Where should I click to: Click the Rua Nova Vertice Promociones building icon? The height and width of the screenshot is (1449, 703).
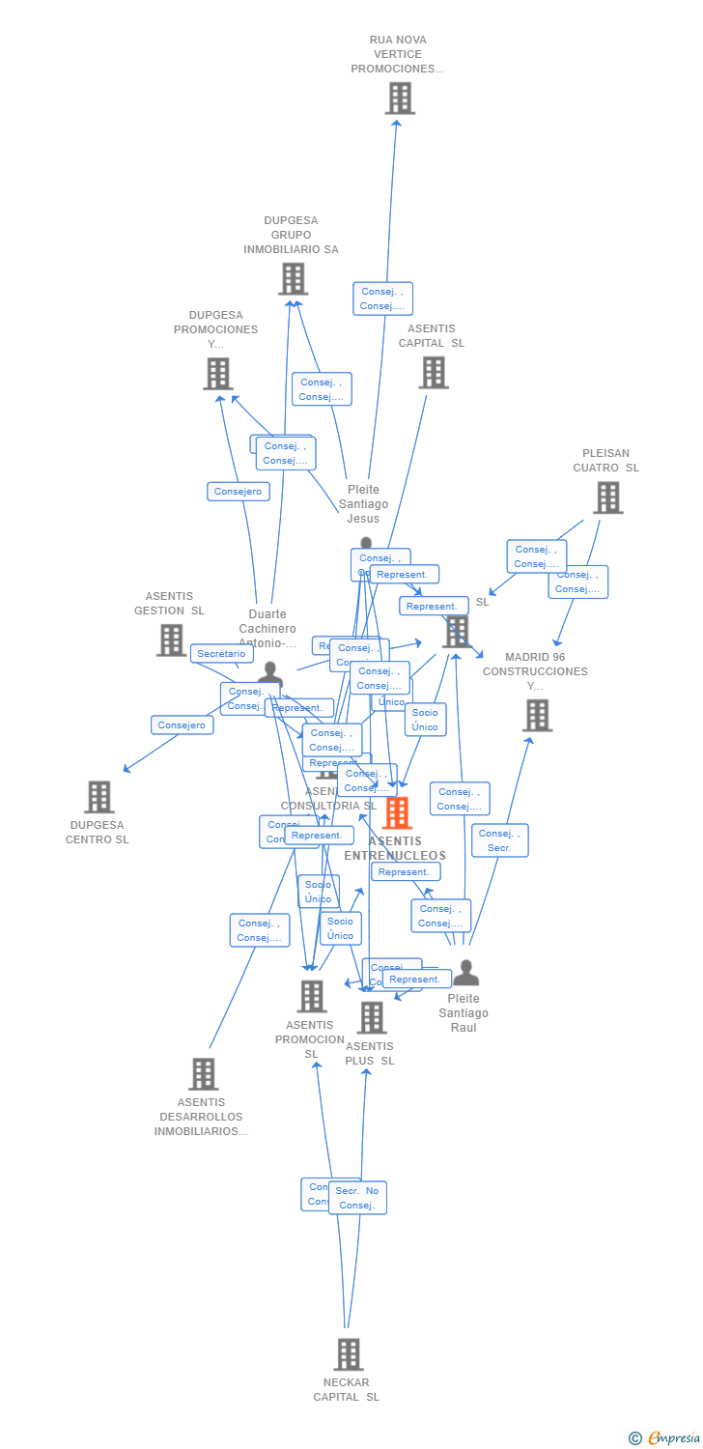point(400,99)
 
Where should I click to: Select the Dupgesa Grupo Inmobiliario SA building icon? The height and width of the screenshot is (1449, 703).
point(293,279)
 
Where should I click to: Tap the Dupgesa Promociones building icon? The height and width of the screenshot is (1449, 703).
point(218,374)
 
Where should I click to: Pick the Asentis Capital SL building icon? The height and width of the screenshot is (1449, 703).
point(434,373)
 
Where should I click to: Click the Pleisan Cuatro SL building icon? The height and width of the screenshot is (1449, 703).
point(607,497)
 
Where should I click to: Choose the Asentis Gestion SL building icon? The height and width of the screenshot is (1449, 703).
point(171,639)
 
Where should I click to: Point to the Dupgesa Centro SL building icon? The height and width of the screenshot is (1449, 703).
point(98,797)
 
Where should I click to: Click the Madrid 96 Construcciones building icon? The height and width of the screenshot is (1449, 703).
point(537,716)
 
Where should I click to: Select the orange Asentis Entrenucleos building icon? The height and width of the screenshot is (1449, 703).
point(397,813)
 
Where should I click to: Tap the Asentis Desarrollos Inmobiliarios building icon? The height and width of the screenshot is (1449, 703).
point(203,1073)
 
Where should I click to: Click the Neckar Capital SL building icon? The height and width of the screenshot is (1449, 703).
point(348,1354)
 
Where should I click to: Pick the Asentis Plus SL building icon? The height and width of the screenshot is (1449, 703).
point(371,1017)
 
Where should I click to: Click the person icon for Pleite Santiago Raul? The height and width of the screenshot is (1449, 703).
point(465,973)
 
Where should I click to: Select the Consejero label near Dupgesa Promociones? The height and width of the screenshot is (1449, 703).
point(238,492)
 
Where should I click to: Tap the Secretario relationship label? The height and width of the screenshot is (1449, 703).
point(222,654)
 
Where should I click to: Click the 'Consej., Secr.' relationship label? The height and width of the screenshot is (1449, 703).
point(499,840)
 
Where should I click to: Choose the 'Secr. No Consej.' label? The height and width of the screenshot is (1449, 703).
point(357,1198)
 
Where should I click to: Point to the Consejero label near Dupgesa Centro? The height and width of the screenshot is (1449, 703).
point(182,725)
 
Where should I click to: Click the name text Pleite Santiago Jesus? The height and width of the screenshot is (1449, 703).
point(364,504)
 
